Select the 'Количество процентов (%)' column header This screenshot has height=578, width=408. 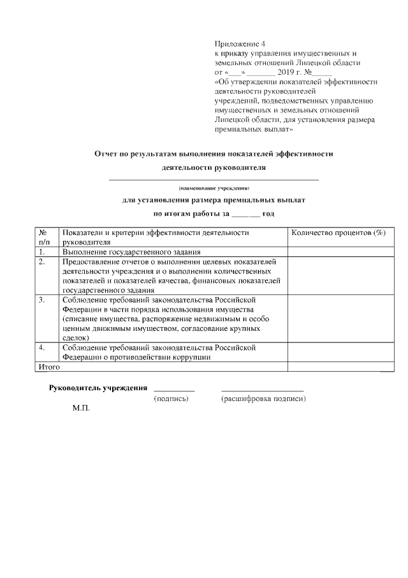(339, 233)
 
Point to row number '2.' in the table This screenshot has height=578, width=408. (42, 262)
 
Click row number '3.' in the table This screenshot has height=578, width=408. (42, 300)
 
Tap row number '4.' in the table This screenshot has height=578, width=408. (42, 347)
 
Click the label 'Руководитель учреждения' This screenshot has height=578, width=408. (99, 388)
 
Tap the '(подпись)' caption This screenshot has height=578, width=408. (171, 399)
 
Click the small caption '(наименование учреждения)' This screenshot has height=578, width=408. (214, 188)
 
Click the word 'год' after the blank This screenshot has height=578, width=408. (269, 214)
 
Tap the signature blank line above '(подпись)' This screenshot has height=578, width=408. (174, 390)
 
